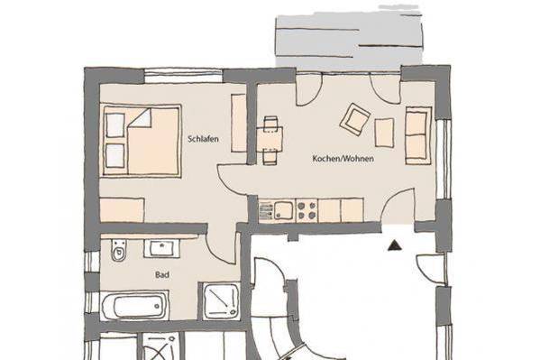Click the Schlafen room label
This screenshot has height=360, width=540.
click(203, 139)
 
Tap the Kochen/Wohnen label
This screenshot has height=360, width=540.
click(343, 159)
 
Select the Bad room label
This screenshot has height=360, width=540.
click(162, 275)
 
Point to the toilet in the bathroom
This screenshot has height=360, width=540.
click(119, 250)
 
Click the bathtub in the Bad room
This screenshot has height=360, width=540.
click(135, 305)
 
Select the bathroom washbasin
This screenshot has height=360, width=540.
click(161, 248)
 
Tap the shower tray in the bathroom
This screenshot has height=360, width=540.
click(222, 300)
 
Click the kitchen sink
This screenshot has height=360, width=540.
click(284, 211)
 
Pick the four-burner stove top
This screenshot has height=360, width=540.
click(307, 210)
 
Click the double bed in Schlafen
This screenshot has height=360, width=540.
click(141, 141)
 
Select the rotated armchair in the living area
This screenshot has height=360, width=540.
click(355, 119)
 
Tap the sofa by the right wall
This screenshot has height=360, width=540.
click(418, 135)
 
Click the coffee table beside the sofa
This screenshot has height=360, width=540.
click(384, 133)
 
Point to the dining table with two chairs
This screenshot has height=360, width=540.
click(270, 140)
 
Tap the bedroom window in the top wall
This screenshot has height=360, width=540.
click(183, 76)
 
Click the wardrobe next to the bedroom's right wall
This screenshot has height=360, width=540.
click(239, 123)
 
